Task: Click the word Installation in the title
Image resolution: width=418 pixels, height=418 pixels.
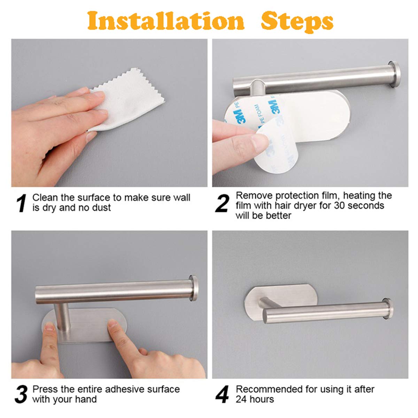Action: [166, 21]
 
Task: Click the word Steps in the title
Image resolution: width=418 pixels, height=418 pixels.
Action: [297, 22]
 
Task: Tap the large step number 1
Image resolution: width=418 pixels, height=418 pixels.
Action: [22, 203]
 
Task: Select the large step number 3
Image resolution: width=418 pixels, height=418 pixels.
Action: [21, 394]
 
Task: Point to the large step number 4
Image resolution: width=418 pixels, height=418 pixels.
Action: [222, 394]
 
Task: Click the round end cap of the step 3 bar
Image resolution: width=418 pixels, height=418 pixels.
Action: [193, 288]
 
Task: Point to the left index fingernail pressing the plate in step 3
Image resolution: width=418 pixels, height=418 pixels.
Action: [49, 326]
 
